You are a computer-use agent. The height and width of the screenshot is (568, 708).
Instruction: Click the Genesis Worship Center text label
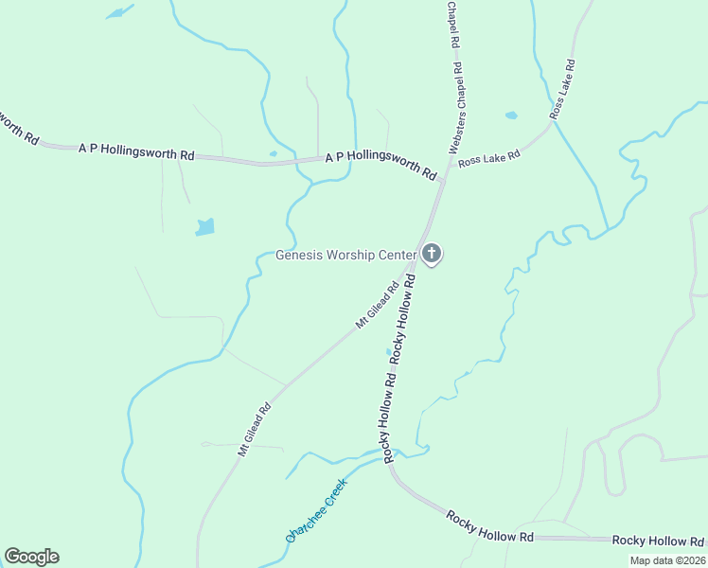(x=346, y=255)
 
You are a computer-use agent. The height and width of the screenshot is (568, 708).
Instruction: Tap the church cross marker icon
(x=432, y=253)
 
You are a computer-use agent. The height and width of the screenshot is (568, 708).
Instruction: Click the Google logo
(x=31, y=557)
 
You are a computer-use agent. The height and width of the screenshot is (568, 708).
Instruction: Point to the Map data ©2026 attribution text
(x=668, y=560)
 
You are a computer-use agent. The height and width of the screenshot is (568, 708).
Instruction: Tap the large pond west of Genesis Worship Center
(x=204, y=227)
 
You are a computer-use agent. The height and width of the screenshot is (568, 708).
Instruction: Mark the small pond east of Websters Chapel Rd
(x=511, y=115)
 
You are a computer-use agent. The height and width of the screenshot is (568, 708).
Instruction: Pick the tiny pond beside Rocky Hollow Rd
(x=387, y=352)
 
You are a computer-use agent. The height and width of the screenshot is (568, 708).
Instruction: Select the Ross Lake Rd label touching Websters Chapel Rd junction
(x=489, y=158)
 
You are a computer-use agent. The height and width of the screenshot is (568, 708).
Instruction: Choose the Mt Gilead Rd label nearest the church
(x=377, y=305)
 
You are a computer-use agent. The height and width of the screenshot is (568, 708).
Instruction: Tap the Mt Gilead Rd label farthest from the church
(x=255, y=430)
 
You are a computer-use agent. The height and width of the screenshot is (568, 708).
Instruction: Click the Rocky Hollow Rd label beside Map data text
(x=657, y=541)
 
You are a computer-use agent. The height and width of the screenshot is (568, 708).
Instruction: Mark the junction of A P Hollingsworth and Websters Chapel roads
(x=442, y=180)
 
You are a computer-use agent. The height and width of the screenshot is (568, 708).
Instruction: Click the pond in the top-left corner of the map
(x=118, y=12)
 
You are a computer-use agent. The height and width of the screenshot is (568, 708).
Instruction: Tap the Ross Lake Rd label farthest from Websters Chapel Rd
(x=563, y=89)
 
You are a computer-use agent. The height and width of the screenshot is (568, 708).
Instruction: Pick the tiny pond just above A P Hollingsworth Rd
(x=273, y=153)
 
